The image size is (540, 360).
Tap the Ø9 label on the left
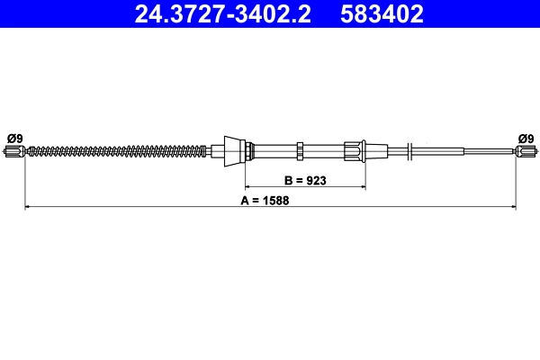(14, 138)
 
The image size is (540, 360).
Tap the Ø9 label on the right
(526, 138)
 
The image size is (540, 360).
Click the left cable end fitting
(13, 152)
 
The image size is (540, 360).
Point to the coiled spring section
(117, 150)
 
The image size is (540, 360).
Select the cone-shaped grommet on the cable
(233, 149)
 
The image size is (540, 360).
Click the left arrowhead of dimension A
(27, 208)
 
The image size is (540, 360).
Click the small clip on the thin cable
(409, 150)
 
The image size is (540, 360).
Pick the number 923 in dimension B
(314, 180)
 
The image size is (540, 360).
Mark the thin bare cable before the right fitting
(490, 151)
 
